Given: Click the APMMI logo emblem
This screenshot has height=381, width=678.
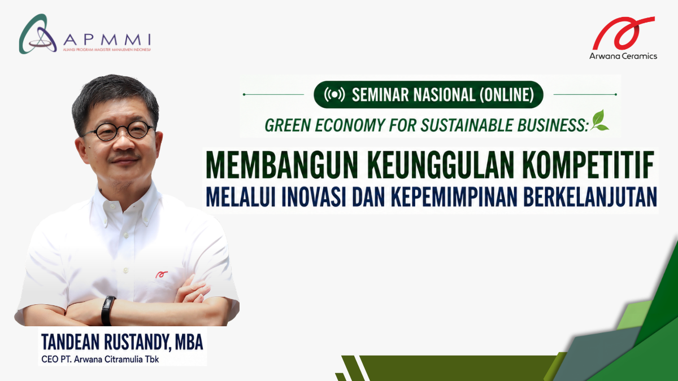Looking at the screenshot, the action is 38,34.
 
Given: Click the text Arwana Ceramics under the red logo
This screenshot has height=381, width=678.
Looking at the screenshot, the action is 623,56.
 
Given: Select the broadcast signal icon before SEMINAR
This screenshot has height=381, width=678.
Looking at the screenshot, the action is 334,95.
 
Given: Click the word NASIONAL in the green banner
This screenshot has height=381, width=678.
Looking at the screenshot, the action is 444,95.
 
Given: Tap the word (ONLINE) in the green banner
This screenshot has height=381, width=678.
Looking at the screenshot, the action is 507,95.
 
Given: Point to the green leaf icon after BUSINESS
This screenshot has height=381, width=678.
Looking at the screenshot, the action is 599,120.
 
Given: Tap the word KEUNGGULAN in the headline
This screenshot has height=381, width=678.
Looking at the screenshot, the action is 441,166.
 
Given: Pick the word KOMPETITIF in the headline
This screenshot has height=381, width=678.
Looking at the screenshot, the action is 589,166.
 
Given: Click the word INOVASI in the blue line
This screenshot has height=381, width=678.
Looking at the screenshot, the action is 314,197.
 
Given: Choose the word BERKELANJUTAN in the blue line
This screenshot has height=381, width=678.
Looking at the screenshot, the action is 590,197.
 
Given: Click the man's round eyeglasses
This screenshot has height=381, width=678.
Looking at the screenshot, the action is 119,131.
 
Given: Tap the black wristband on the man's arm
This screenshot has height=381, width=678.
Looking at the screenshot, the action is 108,310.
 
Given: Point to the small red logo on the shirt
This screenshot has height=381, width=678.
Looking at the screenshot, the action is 162,274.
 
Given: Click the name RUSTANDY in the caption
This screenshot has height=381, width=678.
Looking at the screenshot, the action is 136,342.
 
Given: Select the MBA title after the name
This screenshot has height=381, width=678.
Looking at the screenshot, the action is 189,342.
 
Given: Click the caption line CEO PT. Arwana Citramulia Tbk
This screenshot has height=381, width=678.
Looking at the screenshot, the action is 100,359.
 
